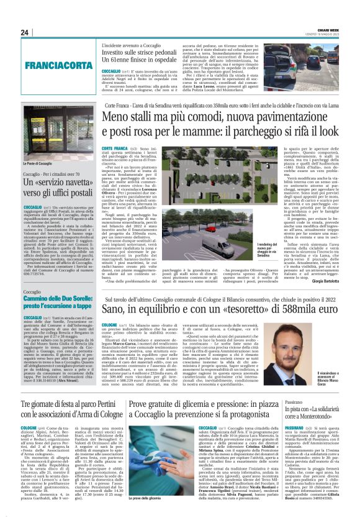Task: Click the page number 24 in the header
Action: click(25, 32)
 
